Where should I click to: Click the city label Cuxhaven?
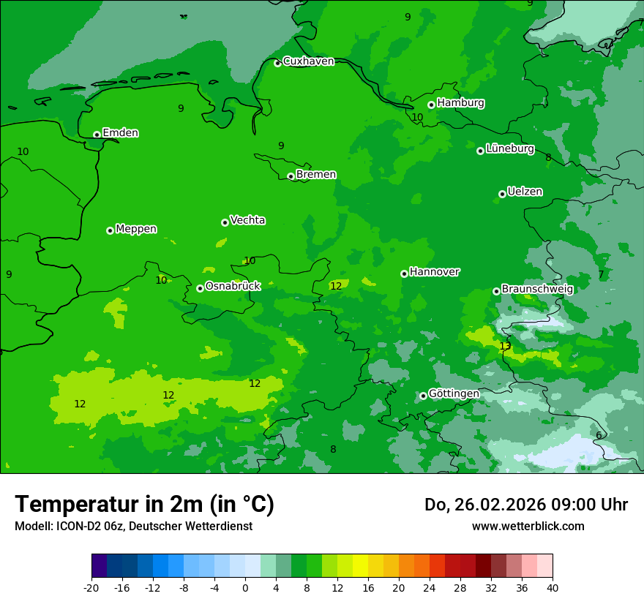coord(308,61)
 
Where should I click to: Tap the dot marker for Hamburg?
coord(432,105)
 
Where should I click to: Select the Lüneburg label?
coord(509,148)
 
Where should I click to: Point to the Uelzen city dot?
coord(502,194)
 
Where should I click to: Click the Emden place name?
coord(120,133)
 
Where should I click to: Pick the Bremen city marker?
coord(291,176)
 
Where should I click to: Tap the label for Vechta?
coord(247,220)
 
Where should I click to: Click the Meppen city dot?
coord(110,230)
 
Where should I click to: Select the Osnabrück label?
coord(233,287)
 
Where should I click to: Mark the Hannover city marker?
coord(404,274)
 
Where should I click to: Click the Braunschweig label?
coord(537,289)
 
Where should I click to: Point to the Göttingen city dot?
coord(423,396)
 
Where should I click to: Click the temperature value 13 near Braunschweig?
coord(505,346)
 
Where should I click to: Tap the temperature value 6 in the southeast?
coord(599,435)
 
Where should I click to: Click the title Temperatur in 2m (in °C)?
coord(144,505)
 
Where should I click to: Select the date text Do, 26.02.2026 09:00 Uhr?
coord(525,505)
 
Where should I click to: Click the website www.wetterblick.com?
coord(528,526)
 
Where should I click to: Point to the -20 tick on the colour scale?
coord(91,588)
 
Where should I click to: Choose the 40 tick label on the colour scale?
coord(552,588)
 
